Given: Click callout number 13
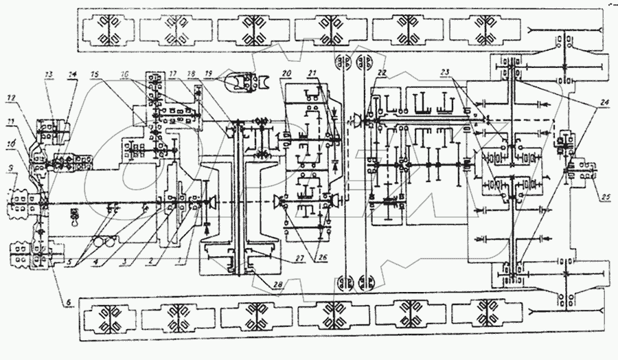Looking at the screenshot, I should (x=49, y=73).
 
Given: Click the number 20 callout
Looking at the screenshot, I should (x=286, y=73).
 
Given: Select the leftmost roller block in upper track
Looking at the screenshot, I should (x=106, y=30).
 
